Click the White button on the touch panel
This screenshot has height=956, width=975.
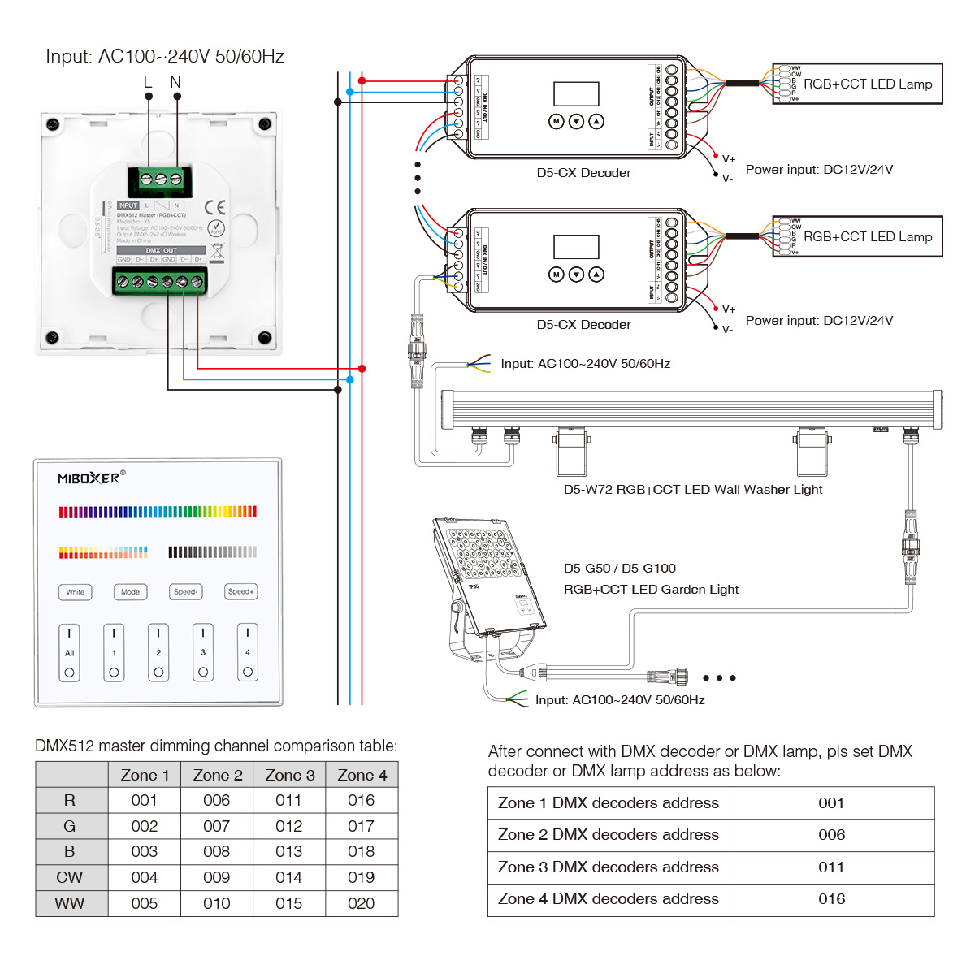(x=76, y=592)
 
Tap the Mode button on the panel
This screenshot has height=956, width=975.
(x=130, y=592)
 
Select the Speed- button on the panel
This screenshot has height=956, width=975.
(x=185, y=592)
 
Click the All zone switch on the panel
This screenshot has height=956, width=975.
(x=69, y=652)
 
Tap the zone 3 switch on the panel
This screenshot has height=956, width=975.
(x=203, y=652)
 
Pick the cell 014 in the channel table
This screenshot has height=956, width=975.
(x=288, y=877)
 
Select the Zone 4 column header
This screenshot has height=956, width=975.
(x=362, y=775)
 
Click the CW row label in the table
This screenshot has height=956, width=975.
(x=70, y=877)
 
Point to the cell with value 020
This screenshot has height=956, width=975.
(x=361, y=903)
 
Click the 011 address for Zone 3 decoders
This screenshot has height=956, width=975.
(x=831, y=867)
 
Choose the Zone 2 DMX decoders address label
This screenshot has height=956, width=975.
(x=608, y=835)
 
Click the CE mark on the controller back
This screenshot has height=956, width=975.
(x=215, y=207)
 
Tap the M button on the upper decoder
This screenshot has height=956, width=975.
(x=556, y=121)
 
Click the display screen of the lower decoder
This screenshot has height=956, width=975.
(x=576, y=247)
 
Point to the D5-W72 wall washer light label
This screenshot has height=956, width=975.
(x=692, y=490)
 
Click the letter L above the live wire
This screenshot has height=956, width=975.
(x=148, y=82)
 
